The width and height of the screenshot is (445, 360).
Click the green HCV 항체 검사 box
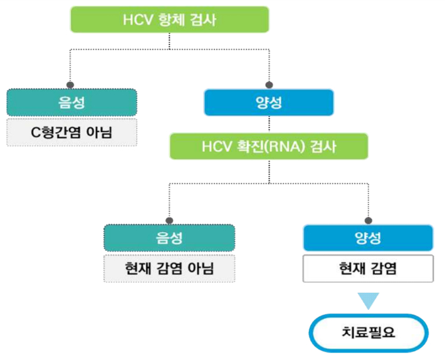tap(170, 19)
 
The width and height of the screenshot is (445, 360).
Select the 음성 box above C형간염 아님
tap(71, 102)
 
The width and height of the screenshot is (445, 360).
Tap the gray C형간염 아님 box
tap(71, 132)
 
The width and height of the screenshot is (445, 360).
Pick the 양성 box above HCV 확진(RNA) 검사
tap(269, 102)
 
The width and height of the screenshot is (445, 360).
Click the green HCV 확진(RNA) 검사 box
tap(269, 147)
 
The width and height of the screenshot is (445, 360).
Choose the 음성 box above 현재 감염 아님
tap(169, 238)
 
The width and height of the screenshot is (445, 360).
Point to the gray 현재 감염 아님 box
tap(169, 268)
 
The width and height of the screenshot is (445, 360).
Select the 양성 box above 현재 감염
tap(368, 238)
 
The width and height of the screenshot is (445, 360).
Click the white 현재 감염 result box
tap(368, 268)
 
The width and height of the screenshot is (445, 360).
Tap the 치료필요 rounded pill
tap(369, 331)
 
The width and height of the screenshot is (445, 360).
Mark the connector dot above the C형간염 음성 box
tap(70, 84)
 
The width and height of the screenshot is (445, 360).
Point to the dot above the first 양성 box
tap(269, 84)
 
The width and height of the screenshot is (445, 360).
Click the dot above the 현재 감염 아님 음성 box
tap(169, 220)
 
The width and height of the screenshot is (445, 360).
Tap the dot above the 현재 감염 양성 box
tap(369, 220)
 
